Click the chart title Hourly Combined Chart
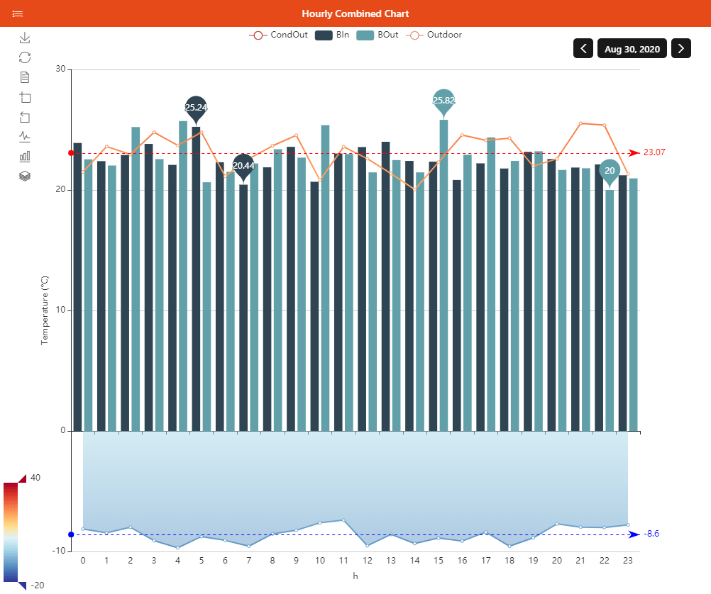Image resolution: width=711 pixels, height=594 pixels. [x=355, y=13]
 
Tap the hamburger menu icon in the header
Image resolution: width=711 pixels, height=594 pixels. [x=18, y=13]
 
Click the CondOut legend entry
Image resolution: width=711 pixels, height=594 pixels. [x=278, y=35]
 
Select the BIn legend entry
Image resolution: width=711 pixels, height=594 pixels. [x=333, y=35]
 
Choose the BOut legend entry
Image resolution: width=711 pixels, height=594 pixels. [x=377, y=35]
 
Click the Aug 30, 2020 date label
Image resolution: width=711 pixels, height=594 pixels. [x=632, y=49]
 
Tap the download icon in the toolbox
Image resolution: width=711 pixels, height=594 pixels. [x=25, y=38]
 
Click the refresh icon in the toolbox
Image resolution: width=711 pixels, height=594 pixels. [x=25, y=57]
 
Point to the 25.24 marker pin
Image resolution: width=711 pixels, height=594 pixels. [x=196, y=108]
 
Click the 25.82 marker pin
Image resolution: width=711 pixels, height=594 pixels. [x=443, y=101]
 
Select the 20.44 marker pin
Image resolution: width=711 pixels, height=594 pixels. [x=243, y=166]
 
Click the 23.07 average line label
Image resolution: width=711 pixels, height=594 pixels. [x=654, y=152]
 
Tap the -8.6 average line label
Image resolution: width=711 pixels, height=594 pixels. [x=651, y=534]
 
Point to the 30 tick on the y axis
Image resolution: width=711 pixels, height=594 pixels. [x=60, y=69]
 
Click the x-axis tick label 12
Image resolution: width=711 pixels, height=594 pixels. [x=367, y=561]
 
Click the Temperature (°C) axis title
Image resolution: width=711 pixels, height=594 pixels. [x=44, y=310]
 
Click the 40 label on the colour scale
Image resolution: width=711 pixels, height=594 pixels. [x=35, y=478]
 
